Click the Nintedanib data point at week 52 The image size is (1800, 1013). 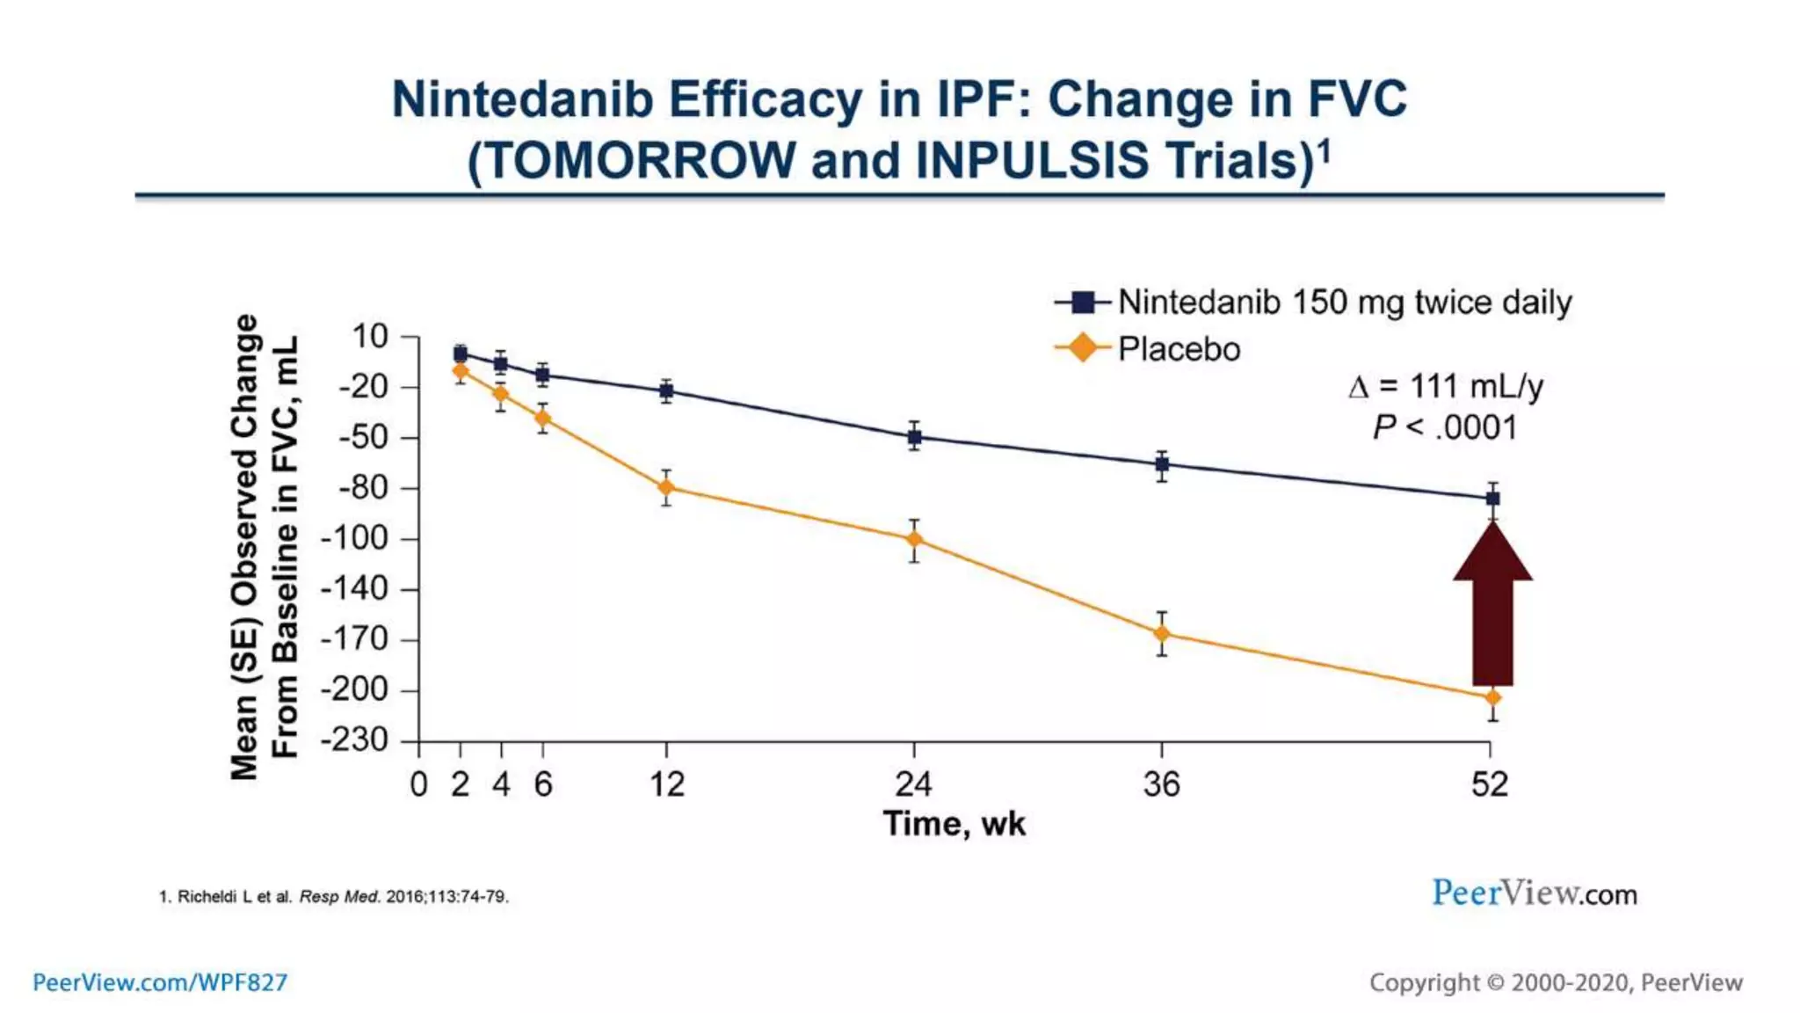(x=1492, y=499)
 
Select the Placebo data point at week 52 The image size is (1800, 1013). (x=1492, y=697)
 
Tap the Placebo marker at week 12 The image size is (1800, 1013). (x=666, y=487)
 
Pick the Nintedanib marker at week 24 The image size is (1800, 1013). (x=914, y=436)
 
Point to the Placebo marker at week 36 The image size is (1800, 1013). (x=1162, y=633)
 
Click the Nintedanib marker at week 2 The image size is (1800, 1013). (x=460, y=353)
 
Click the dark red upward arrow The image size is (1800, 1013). (x=1492, y=607)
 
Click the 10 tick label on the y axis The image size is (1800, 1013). (x=369, y=336)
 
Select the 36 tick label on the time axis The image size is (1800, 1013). (x=1161, y=784)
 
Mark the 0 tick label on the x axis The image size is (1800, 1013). (x=419, y=784)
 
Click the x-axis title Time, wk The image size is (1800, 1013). (x=954, y=824)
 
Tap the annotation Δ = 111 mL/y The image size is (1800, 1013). (x=1446, y=386)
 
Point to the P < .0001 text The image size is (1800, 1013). (x=1446, y=428)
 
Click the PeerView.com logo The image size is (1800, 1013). (x=1535, y=893)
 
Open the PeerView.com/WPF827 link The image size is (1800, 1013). (x=160, y=982)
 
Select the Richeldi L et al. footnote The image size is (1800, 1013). (x=334, y=897)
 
